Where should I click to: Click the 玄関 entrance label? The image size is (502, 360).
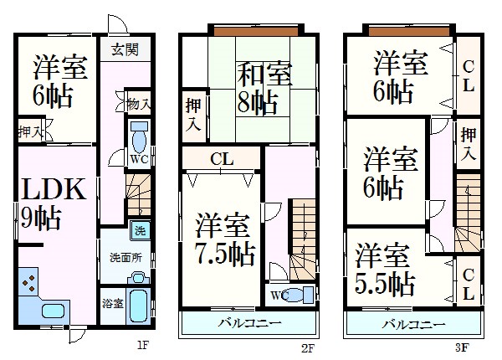pos(125,49)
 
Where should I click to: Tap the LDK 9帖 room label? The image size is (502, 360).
pos(54,204)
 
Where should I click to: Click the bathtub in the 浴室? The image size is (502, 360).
pos(139,306)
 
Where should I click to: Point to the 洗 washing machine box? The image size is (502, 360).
pos(140,230)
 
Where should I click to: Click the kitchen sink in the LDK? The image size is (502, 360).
pos(54,311)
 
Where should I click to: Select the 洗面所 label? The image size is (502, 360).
pos(125,258)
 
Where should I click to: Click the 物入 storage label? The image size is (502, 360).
pos(138,105)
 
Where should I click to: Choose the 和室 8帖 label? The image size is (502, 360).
pos(264,89)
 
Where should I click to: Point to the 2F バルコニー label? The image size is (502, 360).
pos(250,323)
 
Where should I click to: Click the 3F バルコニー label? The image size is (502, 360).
pos(413,325)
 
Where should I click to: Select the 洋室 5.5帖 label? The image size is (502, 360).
pos(385,270)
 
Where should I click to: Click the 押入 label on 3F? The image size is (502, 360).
pos(469,144)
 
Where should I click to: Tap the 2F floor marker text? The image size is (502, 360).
pos(308,347)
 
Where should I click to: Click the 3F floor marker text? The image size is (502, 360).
pos(463,347)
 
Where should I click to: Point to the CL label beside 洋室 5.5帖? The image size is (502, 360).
pos(469,285)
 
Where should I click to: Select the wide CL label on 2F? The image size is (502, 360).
pos(222,159)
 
